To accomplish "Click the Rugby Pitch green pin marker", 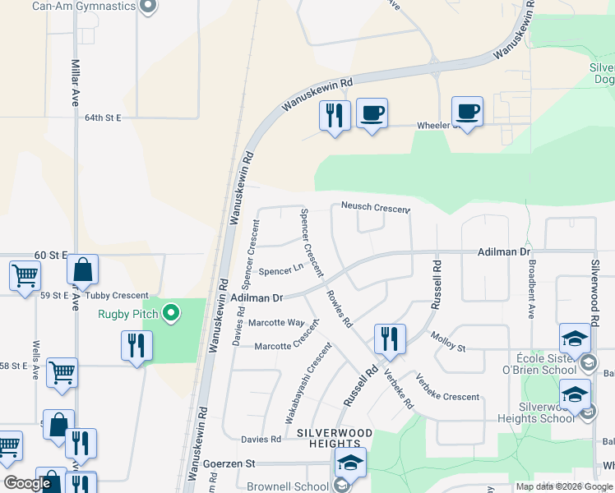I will tap(171, 312).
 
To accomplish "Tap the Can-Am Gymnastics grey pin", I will tap(148, 7).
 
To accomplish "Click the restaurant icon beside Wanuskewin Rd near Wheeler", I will tap(335, 117).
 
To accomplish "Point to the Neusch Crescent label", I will tap(373, 208).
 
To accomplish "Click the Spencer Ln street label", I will tap(277, 271).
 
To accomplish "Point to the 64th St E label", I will tap(103, 118).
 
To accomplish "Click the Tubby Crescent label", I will tap(120, 296).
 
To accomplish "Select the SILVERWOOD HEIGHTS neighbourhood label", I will tap(335, 438).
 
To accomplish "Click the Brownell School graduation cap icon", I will tap(351, 465).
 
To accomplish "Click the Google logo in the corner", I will tap(27, 483).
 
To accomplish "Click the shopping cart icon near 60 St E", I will tap(25, 275).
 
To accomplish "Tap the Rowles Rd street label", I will tap(339, 309).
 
